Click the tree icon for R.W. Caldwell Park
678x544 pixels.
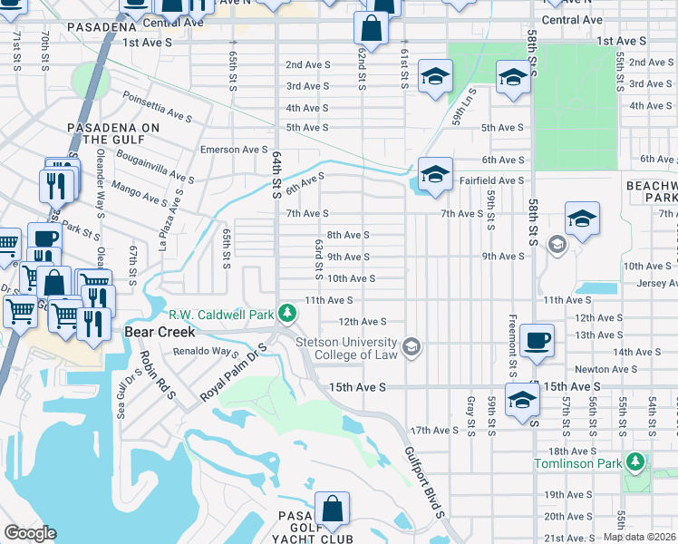pos(287,314)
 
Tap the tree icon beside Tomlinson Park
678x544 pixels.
pos(637,462)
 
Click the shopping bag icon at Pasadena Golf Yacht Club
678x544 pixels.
pos(333,510)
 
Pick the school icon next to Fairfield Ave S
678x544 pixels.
pos(435,173)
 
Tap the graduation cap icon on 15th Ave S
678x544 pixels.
pos(523,400)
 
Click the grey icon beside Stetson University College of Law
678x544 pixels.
pos(412,345)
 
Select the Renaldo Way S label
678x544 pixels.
pos(207,354)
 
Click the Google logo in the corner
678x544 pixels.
pos(30,533)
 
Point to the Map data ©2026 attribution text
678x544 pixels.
pos(639,537)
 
